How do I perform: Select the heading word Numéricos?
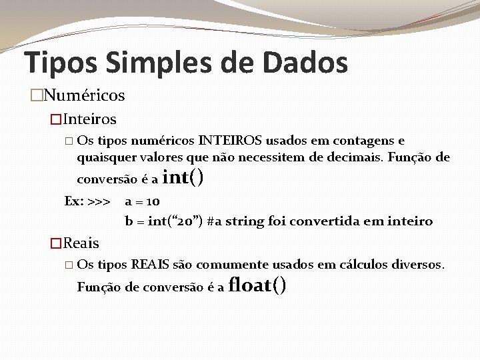[x=84, y=95]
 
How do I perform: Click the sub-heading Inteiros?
[x=90, y=119]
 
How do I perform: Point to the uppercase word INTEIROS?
[x=230, y=141]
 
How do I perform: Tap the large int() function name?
[x=183, y=177]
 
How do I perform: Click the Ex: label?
[x=74, y=201]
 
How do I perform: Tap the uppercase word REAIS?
[x=150, y=265]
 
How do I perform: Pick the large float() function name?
[x=257, y=285]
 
